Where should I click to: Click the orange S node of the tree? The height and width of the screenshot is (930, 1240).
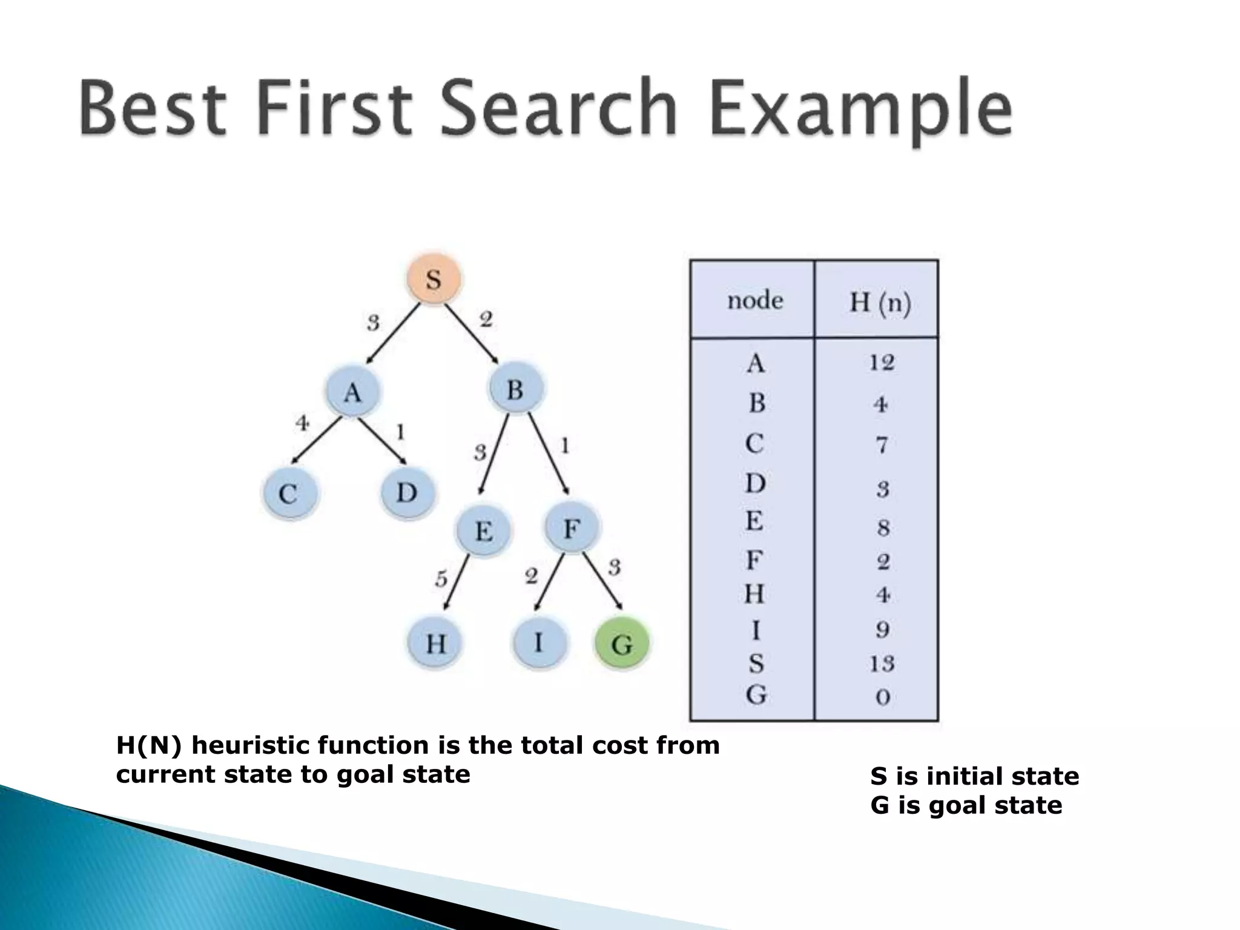(434, 280)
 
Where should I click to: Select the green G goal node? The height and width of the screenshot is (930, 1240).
(622, 644)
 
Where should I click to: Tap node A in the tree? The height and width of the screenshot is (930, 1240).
(352, 392)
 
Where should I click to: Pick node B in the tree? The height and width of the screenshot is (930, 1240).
(515, 389)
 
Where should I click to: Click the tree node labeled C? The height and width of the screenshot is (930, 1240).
(289, 494)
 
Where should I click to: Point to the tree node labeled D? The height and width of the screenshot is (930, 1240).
(407, 493)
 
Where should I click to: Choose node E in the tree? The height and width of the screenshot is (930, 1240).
(483, 531)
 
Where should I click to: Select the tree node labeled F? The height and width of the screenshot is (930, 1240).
(571, 529)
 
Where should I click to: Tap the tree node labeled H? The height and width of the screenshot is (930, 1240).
(435, 643)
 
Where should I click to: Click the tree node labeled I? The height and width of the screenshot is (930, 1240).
(539, 642)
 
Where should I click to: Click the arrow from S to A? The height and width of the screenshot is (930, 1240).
(393, 334)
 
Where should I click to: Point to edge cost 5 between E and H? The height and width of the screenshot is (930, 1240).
(441, 579)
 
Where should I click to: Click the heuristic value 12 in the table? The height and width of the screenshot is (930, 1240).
(882, 363)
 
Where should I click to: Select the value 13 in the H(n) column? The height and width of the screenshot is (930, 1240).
(882, 664)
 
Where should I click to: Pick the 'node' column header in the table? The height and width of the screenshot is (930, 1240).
(755, 300)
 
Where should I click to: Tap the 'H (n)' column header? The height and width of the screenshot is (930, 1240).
(880, 302)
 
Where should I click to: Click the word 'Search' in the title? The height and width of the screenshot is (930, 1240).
(558, 109)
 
